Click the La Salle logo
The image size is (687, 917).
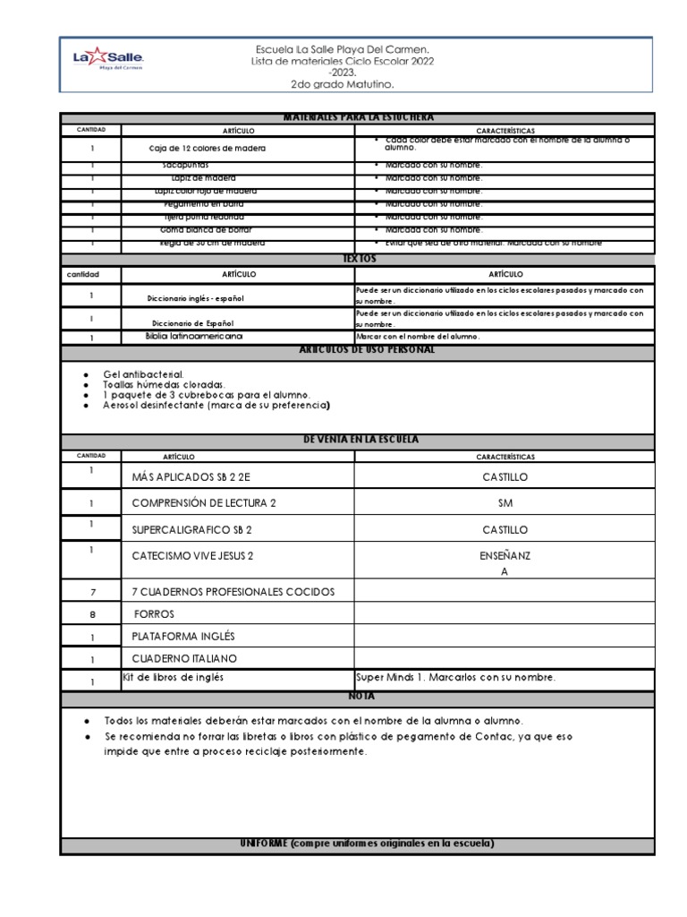tap(107, 61)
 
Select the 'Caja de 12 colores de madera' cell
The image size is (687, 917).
tap(208, 148)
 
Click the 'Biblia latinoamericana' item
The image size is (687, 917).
tap(194, 336)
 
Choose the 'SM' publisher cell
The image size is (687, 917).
tap(505, 503)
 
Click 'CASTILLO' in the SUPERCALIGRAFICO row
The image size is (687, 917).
tap(505, 530)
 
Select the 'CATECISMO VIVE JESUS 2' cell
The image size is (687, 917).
tap(192, 556)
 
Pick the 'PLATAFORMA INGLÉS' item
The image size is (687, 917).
tap(182, 636)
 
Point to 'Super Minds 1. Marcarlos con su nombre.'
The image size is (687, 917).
tap(455, 678)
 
